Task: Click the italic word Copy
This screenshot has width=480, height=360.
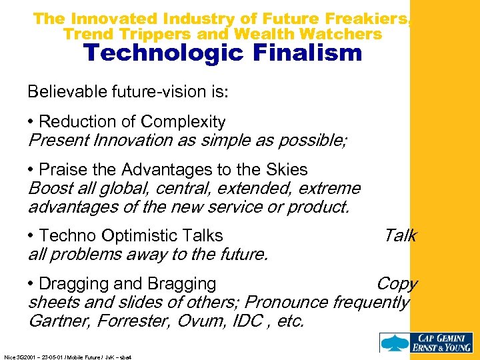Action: pyautogui.click(x=397, y=283)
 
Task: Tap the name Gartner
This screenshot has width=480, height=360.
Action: pyautogui.click(x=59, y=321)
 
